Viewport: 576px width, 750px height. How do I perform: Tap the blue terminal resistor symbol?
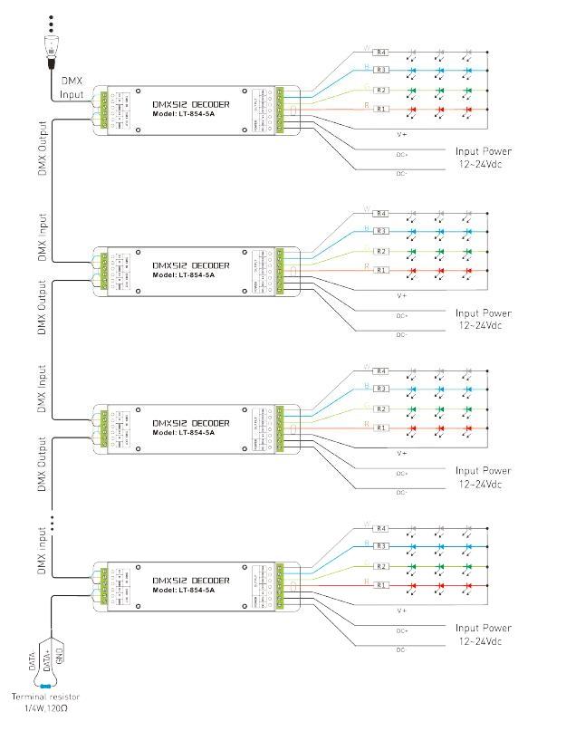44,685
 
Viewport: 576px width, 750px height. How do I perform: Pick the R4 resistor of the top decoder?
382,52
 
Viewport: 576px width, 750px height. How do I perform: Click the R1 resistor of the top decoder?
382,110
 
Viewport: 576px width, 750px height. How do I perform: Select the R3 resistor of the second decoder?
382,231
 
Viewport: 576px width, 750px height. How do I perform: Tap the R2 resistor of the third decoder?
382,409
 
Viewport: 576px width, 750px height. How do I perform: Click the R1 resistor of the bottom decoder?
382,586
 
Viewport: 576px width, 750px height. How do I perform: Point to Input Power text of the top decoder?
484,151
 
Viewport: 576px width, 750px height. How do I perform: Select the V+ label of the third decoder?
402,452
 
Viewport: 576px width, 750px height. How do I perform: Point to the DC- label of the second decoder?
402,334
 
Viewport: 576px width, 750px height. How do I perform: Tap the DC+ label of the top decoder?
402,154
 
